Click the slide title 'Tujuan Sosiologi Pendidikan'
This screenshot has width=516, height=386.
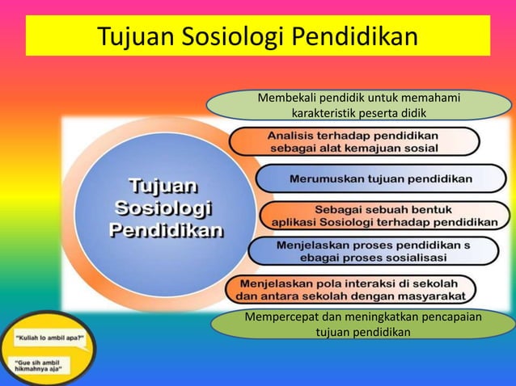coord(257,36)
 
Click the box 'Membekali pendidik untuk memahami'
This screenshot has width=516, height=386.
coord(359,105)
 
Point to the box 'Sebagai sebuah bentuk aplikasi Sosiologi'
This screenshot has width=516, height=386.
coord(383,215)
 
